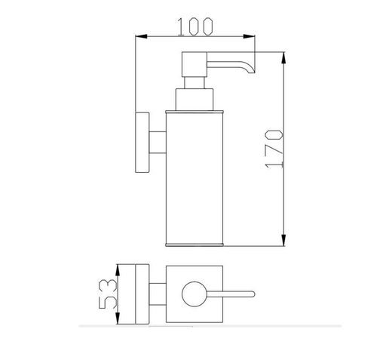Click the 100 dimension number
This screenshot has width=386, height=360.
(195, 26)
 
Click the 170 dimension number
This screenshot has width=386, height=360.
(274, 149)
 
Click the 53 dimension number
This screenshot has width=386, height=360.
(108, 294)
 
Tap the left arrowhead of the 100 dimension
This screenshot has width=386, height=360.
(141, 36)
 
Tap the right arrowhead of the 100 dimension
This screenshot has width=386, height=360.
(249, 36)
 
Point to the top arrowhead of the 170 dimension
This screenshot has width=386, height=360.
(283, 58)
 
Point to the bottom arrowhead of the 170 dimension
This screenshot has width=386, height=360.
(283, 240)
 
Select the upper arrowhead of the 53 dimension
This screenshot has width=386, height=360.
(118, 270)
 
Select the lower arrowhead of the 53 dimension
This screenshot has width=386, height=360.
(118, 318)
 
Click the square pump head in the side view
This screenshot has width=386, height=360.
(195, 64)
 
